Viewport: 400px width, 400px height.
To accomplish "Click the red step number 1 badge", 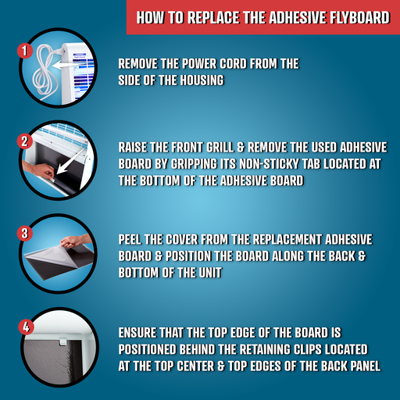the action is click(x=25, y=51).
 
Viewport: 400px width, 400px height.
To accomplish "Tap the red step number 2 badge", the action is click(x=25, y=141).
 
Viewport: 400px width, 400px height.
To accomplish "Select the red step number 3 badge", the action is click(x=25, y=233).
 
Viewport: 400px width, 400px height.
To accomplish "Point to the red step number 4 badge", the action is click(x=26, y=327).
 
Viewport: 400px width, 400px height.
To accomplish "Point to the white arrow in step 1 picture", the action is click(x=68, y=65).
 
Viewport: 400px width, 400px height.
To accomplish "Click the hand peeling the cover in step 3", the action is click(x=76, y=241).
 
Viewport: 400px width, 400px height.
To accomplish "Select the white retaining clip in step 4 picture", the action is click(x=62, y=341).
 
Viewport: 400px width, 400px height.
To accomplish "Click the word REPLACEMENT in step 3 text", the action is click(x=287, y=240).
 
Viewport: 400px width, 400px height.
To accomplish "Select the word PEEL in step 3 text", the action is click(x=130, y=240).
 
